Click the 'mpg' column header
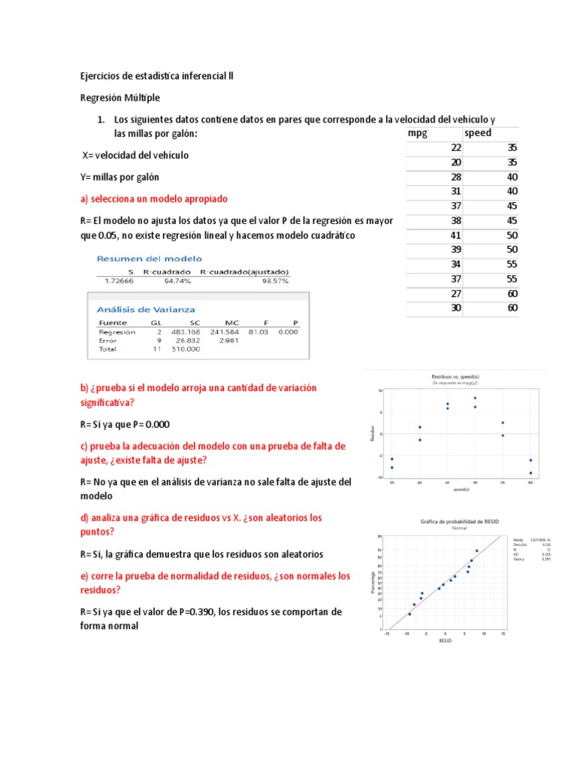tap(417, 133)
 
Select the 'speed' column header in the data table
tap(478, 133)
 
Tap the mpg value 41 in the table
tap(455, 235)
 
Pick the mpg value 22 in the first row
tap(455, 148)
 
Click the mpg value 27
tap(455, 293)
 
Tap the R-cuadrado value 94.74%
tap(177, 280)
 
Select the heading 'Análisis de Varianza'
tap(146, 309)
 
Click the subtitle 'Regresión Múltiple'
tap(119, 98)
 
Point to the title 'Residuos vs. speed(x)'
tap(451, 375)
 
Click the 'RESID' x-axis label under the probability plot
tap(445, 641)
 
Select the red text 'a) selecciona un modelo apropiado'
tap(153, 199)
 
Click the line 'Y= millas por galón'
tap(119, 177)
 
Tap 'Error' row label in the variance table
tap(109, 341)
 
